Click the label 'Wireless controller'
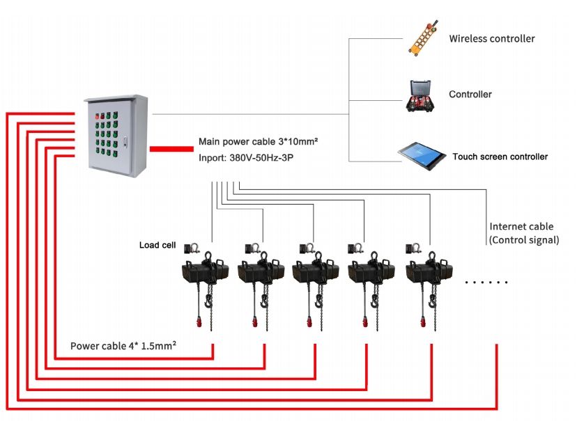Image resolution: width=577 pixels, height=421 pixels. (491, 38)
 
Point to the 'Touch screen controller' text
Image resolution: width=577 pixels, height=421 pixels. (500, 157)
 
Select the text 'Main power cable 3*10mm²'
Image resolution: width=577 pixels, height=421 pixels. (259, 141)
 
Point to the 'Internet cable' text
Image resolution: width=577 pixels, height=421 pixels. (521, 226)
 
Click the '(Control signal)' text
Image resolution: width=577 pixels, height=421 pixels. (524, 239)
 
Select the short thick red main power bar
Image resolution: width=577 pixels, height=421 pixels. (171, 148)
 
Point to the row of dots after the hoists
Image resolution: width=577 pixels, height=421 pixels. (486, 283)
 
